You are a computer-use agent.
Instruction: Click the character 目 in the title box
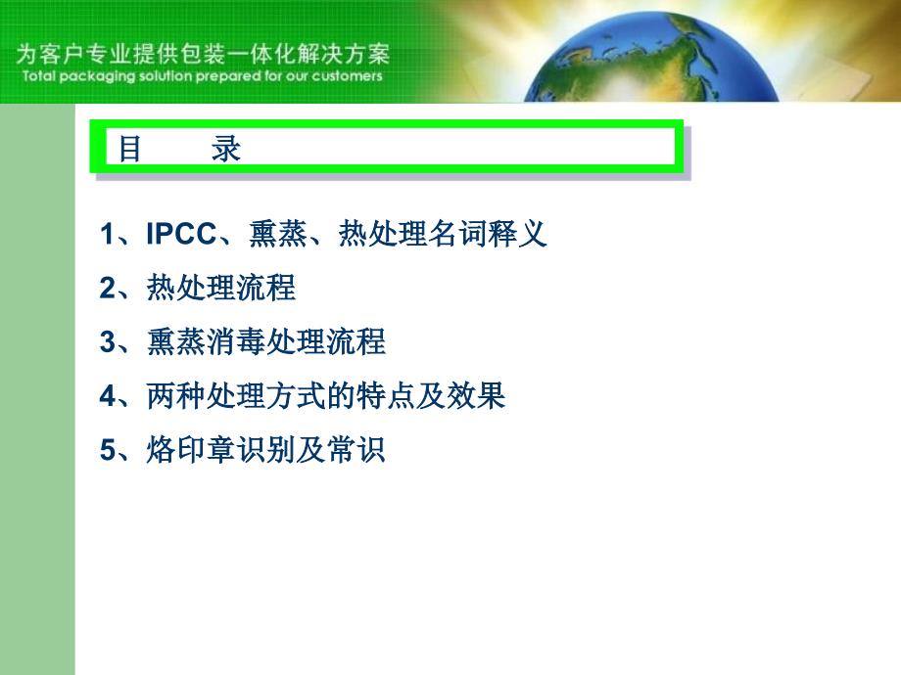point(129,149)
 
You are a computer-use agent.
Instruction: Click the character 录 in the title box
point(226,149)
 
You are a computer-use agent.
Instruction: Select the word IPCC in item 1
point(181,234)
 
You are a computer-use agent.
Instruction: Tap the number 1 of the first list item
point(108,234)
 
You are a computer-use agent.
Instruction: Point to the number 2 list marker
point(108,289)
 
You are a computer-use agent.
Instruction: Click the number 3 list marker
point(108,342)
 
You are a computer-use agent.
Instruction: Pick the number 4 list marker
point(108,396)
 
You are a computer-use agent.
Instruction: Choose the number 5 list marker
point(108,450)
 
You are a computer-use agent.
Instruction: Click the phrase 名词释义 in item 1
point(488,234)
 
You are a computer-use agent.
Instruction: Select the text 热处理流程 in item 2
point(221,288)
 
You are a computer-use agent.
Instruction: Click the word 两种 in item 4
point(176,395)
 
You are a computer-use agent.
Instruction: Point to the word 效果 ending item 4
point(476,395)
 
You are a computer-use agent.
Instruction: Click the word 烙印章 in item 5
point(191,449)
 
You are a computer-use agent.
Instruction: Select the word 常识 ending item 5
point(356,449)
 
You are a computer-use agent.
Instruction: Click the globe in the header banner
point(652,60)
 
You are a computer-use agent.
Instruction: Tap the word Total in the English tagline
point(38,75)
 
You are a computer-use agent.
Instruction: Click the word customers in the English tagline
point(347,76)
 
